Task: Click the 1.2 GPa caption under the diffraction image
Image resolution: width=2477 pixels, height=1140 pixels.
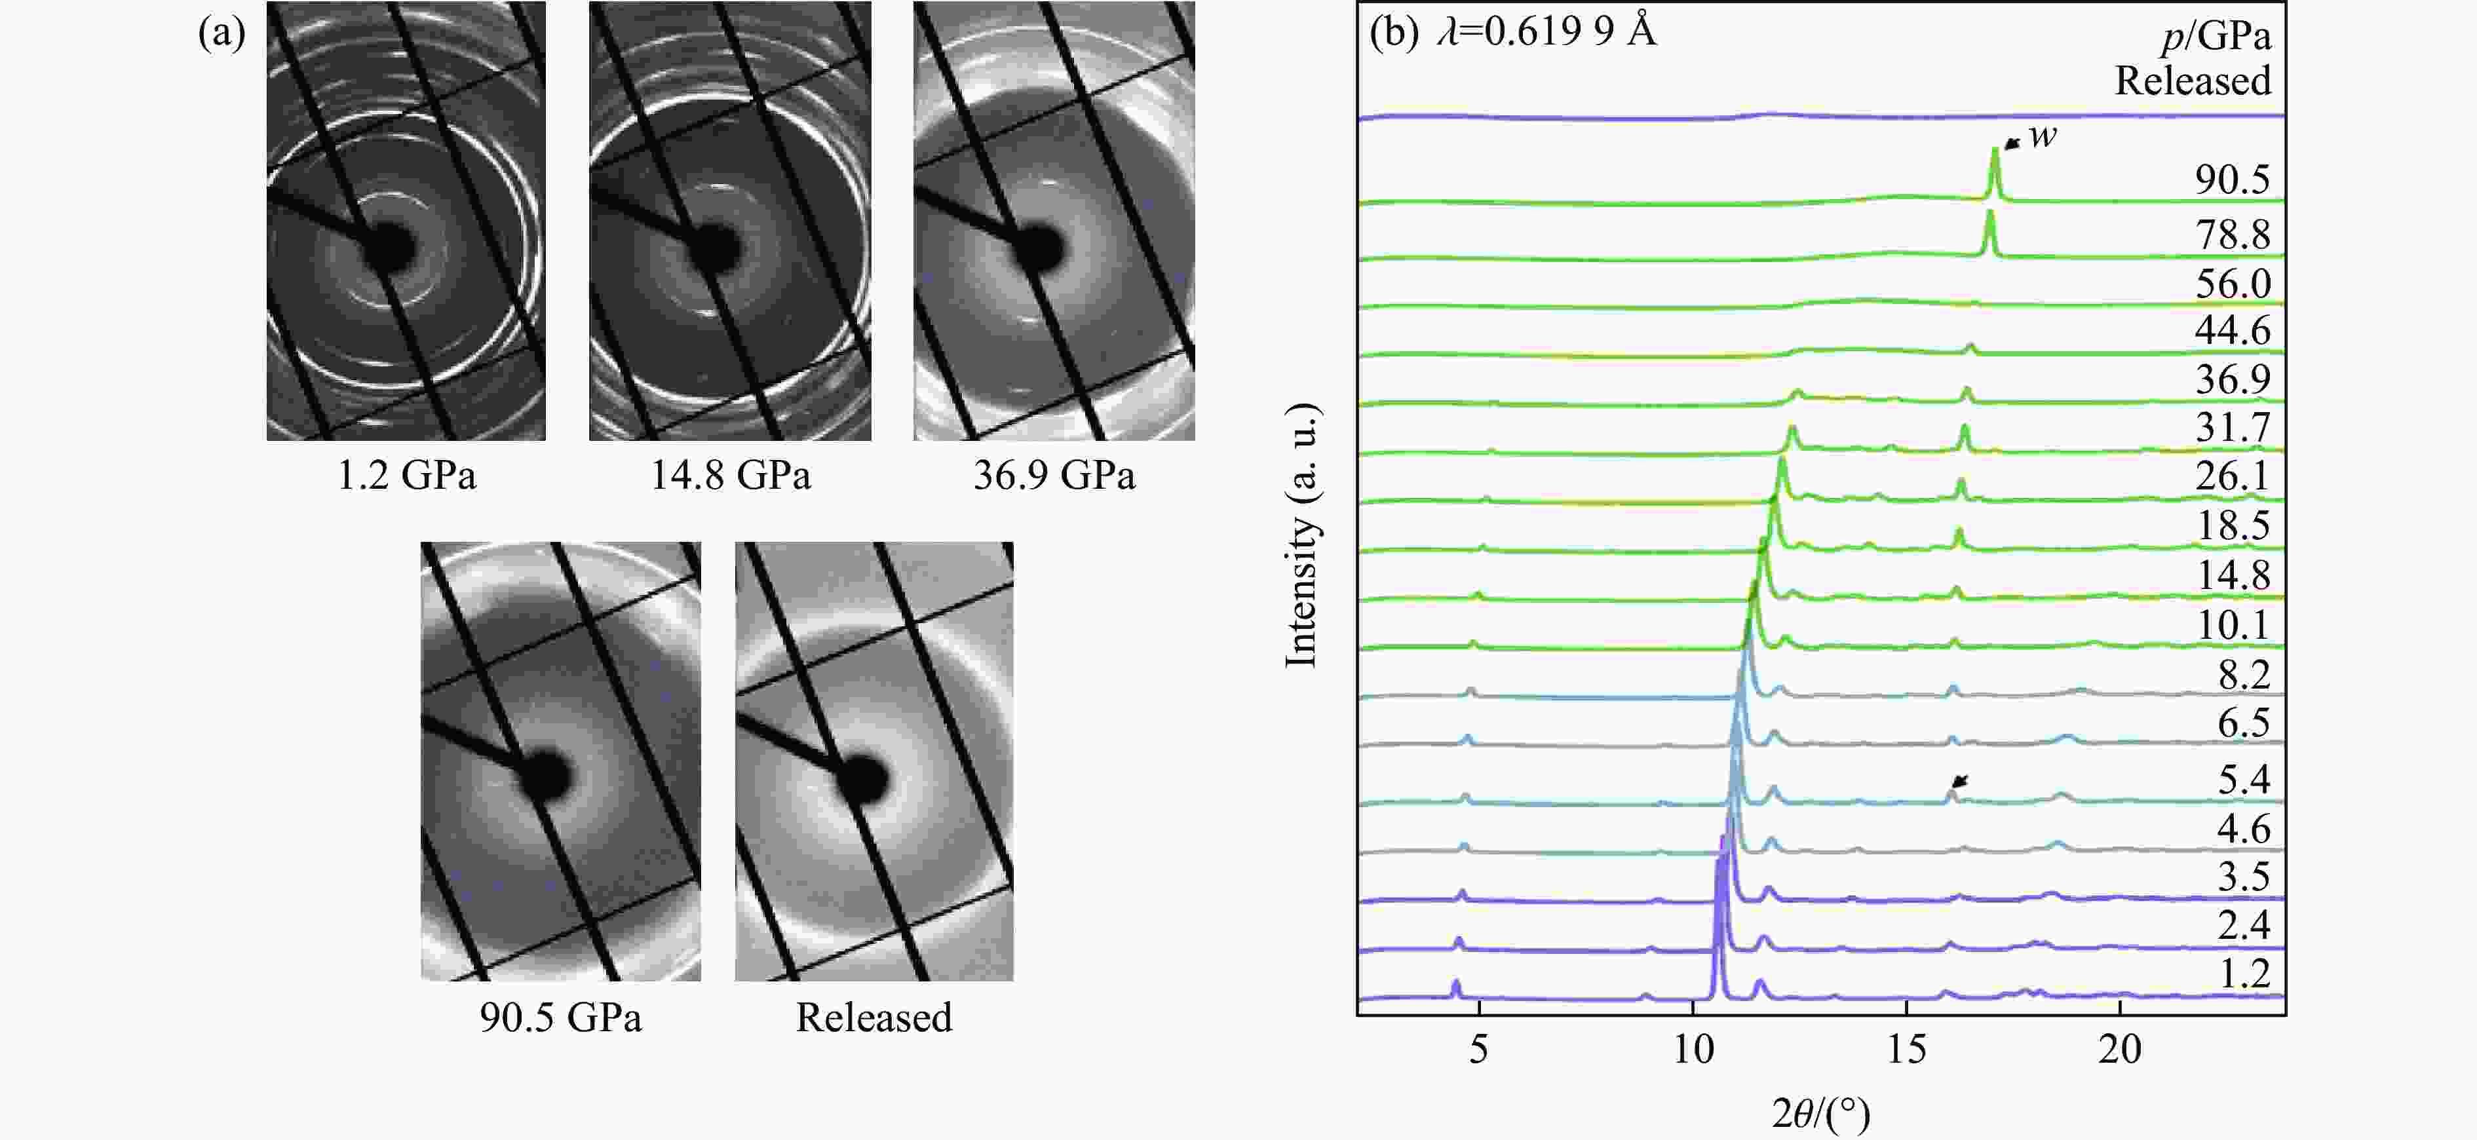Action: (x=406, y=476)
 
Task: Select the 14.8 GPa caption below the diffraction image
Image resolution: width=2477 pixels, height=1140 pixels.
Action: (x=730, y=476)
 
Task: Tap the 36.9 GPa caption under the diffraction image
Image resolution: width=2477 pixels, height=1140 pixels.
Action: (x=1054, y=476)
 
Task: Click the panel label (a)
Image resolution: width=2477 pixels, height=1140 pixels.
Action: (x=222, y=33)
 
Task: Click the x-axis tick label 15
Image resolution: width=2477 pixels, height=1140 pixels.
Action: (x=1906, y=1050)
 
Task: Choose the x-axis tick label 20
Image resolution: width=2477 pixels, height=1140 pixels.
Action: (x=2119, y=1050)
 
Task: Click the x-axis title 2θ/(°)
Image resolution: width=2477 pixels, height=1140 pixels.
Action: (x=1821, y=1114)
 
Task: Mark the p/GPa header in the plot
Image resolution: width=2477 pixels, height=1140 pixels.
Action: (x=2216, y=37)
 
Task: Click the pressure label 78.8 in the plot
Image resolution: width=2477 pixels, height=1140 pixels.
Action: (x=2232, y=235)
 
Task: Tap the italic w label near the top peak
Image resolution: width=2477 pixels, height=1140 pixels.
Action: (x=2043, y=136)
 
